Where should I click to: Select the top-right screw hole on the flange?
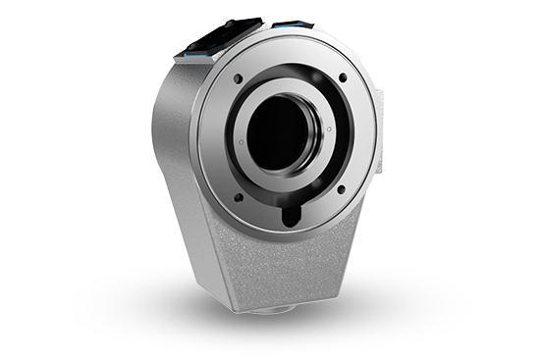click(343, 78)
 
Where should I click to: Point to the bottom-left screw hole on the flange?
click(239, 196)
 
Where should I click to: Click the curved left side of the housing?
click(172, 147)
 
